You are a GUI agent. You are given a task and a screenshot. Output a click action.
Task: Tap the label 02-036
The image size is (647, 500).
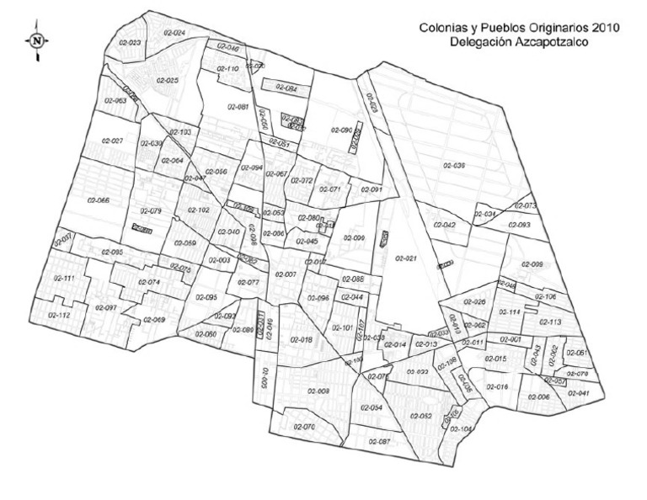454,166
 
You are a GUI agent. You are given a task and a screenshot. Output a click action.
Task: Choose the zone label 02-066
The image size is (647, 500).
99,200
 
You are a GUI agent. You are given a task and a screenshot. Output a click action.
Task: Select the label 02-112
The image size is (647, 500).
59,315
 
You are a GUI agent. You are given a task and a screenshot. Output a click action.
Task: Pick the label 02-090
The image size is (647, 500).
340,130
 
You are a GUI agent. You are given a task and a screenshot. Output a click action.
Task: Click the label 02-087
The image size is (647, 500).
379,442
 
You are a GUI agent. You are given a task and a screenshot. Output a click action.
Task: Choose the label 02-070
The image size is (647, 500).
303,428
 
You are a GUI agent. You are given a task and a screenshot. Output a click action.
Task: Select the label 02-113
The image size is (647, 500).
549,322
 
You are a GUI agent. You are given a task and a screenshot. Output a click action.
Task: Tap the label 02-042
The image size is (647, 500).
444,225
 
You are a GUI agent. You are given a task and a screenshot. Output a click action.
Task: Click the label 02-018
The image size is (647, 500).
302,339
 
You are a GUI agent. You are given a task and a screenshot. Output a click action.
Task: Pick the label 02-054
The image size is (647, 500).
372,407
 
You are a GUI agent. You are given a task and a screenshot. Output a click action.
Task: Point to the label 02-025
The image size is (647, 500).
167,80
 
